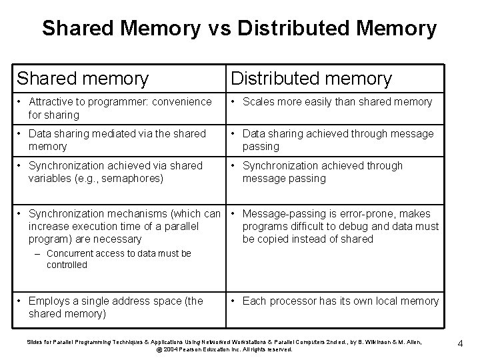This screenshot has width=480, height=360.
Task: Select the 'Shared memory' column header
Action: tap(83, 79)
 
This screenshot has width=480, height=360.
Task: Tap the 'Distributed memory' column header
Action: tap(311, 79)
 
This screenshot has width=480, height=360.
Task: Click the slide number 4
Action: tap(461, 344)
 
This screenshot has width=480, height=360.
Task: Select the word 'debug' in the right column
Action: tap(367, 227)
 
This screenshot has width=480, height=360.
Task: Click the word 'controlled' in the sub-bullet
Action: tap(67, 265)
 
